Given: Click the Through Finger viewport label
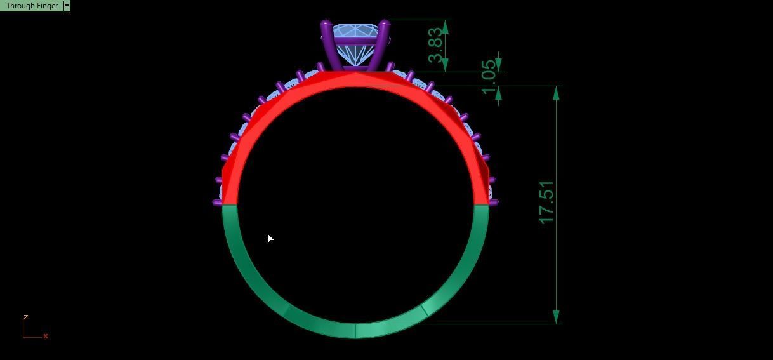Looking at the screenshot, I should click(x=32, y=6).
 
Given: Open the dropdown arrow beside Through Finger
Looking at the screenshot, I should click(x=67, y=6).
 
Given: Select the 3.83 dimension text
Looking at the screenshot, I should click(x=435, y=45).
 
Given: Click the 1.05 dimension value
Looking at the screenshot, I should click(x=488, y=76).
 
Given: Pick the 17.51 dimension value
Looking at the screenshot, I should click(x=546, y=203).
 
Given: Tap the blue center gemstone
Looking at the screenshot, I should click(x=355, y=44).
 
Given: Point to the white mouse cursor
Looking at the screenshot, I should click(x=270, y=238).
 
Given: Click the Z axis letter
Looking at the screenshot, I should click(x=25, y=317).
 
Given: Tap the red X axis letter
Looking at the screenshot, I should click(x=46, y=336).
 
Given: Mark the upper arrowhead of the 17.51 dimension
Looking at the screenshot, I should click(x=557, y=93).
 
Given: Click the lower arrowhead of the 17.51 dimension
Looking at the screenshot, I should click(x=557, y=317).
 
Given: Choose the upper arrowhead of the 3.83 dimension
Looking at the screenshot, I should click(x=445, y=27).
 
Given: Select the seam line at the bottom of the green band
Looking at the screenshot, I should click(x=355, y=330).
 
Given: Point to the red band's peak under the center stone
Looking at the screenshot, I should click(x=355, y=75).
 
